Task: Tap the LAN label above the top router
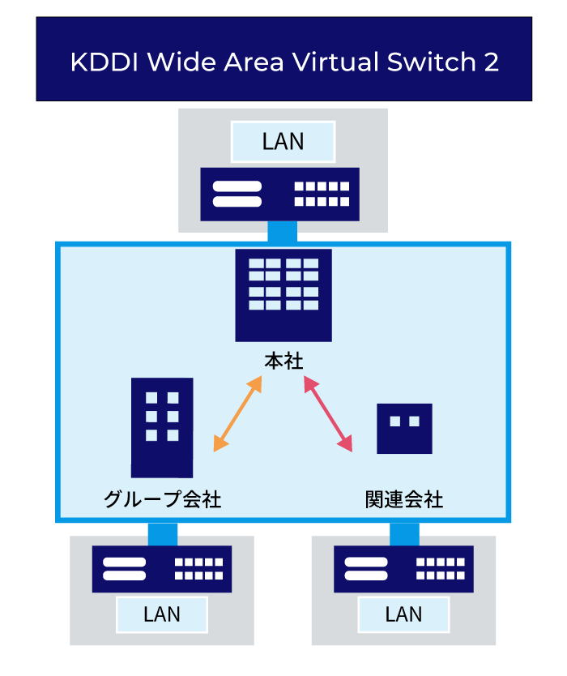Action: (x=283, y=142)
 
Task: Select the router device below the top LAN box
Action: (x=279, y=194)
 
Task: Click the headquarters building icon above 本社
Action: (x=283, y=295)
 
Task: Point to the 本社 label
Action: (x=283, y=360)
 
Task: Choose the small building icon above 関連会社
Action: (x=404, y=428)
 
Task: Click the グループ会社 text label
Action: (x=162, y=498)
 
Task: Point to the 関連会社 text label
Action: (x=404, y=498)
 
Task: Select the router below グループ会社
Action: (x=162, y=568)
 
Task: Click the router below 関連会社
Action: (x=404, y=568)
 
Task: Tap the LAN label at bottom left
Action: (x=162, y=614)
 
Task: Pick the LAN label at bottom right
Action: (x=404, y=614)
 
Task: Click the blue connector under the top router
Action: (x=282, y=232)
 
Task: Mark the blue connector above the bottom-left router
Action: (x=162, y=533)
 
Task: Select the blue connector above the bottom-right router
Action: (x=404, y=533)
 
